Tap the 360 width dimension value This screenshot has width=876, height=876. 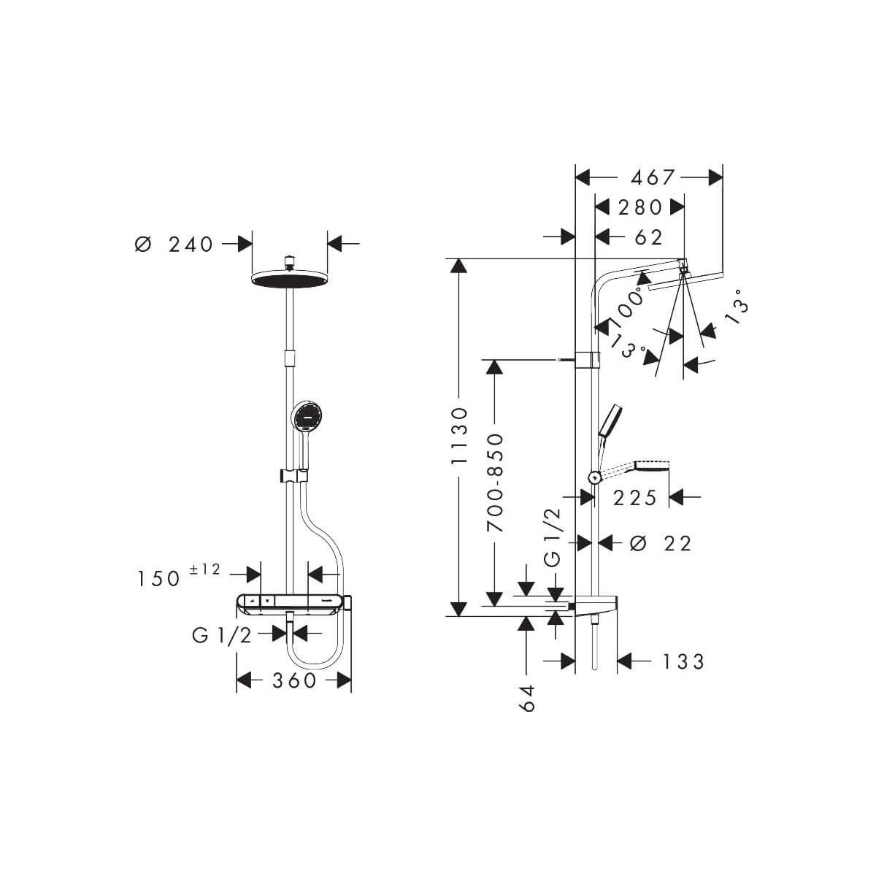(293, 680)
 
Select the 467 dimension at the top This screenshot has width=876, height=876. (652, 177)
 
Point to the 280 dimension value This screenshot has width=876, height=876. (640, 207)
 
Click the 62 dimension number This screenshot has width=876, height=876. (649, 237)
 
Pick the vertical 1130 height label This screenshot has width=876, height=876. (459, 436)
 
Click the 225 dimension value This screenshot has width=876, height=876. (635, 498)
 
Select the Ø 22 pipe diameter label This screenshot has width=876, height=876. (661, 543)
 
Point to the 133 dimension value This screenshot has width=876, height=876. (683, 662)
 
